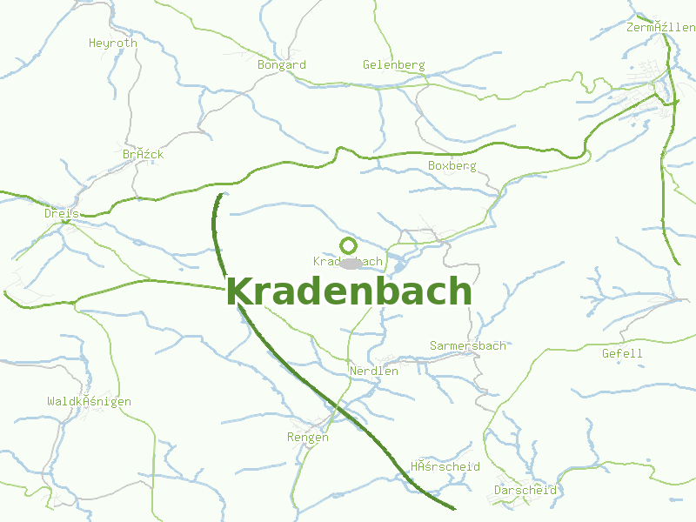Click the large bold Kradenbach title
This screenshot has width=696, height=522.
click(349, 291)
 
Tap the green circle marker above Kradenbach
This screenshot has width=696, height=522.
click(348, 245)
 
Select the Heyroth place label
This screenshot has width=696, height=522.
click(113, 43)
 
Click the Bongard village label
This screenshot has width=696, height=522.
click(281, 64)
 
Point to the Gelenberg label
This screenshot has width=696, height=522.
click(393, 64)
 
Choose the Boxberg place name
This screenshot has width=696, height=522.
click(452, 165)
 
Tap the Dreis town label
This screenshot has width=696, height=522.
click(62, 212)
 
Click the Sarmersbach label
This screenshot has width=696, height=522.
click(467, 345)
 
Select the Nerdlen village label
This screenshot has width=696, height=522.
click(373, 371)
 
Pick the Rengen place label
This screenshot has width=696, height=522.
click(308, 437)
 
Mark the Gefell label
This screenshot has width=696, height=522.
click(622, 353)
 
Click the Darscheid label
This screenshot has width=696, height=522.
click(525, 490)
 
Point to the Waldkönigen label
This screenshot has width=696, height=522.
click(89, 401)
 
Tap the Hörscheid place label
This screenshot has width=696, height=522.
click(445, 466)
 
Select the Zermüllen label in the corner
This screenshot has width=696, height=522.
click(660, 27)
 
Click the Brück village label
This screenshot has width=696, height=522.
click(143, 154)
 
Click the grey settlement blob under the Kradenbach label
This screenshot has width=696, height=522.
click(351, 263)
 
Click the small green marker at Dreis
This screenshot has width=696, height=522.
click(65, 222)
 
